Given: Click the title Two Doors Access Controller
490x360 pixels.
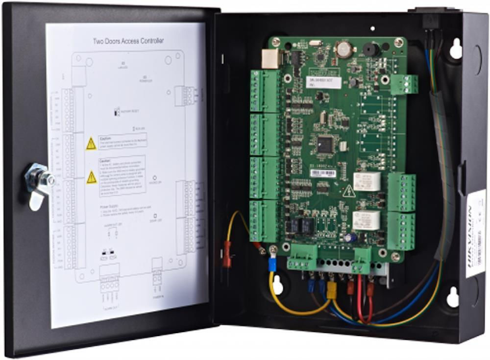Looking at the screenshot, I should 128,41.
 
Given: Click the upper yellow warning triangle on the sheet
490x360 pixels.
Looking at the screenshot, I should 91,144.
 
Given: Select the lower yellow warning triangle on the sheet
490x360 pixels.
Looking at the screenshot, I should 92,177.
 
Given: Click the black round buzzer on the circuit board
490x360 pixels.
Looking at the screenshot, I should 368,49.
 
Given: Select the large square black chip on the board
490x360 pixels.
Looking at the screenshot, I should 325,144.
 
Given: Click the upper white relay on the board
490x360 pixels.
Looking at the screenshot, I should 367,181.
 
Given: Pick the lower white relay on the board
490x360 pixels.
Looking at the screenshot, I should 366,220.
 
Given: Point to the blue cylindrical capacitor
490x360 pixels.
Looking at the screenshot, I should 350,237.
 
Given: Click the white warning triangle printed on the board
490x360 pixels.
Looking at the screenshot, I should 349,191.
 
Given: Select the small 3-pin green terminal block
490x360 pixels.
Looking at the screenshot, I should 404,84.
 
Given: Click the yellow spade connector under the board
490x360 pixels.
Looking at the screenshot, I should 332,290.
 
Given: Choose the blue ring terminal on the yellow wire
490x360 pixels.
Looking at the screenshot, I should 273,264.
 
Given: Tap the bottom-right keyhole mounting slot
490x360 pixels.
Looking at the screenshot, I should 452,297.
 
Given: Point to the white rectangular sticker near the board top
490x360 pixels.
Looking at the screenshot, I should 323,82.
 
